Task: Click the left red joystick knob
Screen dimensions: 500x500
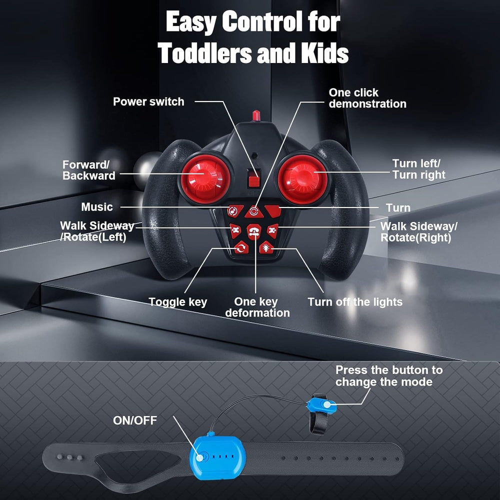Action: (205, 179)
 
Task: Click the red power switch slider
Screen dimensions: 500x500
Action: (254, 178)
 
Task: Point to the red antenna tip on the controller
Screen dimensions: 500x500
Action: (256, 115)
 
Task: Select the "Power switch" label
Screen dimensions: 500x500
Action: (148, 101)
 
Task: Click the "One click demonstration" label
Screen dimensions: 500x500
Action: (367, 98)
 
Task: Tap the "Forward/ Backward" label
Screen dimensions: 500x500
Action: (88, 170)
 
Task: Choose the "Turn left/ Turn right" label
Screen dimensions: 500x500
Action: (418, 169)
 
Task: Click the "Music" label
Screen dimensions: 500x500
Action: (97, 207)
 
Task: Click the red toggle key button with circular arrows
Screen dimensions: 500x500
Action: (241, 248)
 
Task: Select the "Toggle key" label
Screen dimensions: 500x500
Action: (178, 302)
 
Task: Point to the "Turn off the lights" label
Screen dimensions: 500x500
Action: (355, 301)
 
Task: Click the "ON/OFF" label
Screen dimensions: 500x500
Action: (135, 420)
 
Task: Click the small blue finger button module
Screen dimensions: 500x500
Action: (322, 404)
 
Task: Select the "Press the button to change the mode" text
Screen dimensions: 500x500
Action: (389, 375)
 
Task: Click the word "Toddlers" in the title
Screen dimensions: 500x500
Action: (204, 52)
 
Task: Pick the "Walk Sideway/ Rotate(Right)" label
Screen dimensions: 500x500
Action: (418, 232)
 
